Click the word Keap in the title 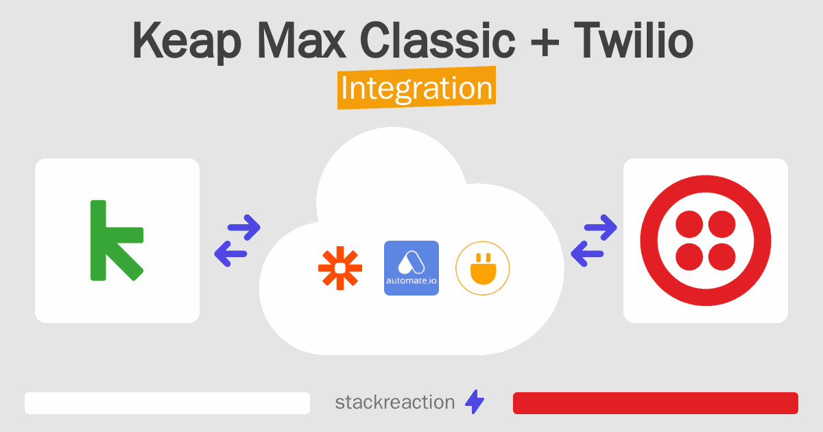click(187, 41)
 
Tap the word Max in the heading click(301, 40)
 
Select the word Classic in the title click(438, 40)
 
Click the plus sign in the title click(545, 43)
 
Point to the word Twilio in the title click(634, 40)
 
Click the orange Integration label click(417, 88)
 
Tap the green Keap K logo click(117, 240)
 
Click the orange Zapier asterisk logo click(340, 268)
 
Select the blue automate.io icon click(411, 268)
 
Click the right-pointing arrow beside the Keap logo click(244, 228)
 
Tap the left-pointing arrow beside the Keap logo click(230, 254)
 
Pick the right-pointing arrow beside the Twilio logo click(601, 228)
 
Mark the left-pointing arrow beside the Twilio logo click(587, 254)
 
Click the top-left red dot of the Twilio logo click(689, 224)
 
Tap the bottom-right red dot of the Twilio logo click(721, 256)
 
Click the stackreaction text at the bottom click(395, 403)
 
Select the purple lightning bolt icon click(475, 402)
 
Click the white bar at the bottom click(167, 403)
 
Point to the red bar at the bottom click(656, 403)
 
